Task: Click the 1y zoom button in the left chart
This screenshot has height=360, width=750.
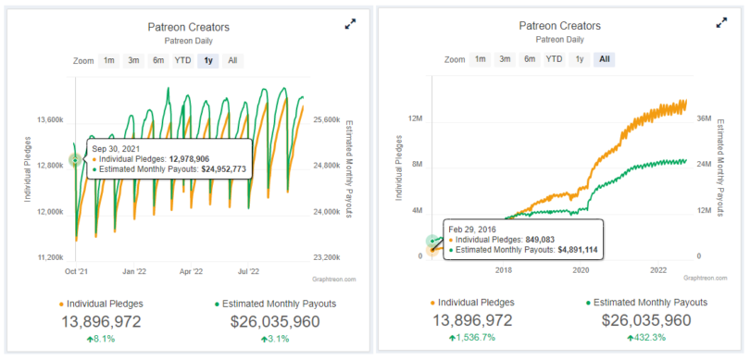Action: click(208, 60)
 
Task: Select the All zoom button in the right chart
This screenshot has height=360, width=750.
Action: click(605, 59)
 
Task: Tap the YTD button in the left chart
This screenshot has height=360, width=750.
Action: click(183, 60)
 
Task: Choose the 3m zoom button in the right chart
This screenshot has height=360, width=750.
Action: click(505, 59)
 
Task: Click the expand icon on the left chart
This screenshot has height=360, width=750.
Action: click(350, 24)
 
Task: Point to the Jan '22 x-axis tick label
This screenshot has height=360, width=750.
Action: click(134, 272)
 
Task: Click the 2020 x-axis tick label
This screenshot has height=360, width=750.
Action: click(581, 270)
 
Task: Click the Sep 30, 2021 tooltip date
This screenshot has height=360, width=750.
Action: click(112, 148)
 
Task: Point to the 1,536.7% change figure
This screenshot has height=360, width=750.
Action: click(472, 339)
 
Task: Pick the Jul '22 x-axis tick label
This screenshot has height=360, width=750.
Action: click(247, 272)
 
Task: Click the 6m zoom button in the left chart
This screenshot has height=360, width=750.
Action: click(158, 60)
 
